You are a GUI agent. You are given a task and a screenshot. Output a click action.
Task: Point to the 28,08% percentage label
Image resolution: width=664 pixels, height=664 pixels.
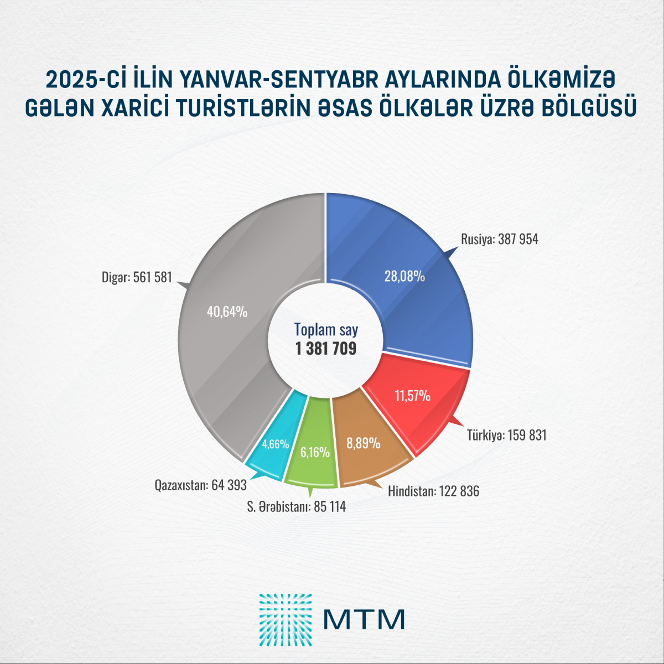click(x=404, y=276)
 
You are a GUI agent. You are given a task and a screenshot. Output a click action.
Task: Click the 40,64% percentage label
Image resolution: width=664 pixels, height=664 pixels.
click(x=227, y=312)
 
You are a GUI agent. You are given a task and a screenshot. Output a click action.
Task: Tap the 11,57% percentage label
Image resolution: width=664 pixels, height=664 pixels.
click(x=412, y=396)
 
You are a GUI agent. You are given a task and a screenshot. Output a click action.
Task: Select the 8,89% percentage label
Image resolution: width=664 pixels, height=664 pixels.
click(x=363, y=443)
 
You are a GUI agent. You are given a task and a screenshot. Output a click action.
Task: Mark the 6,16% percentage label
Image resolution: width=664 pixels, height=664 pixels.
click(x=315, y=453)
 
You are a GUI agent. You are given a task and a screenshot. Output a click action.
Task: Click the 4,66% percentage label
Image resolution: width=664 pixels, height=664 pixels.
click(x=276, y=444)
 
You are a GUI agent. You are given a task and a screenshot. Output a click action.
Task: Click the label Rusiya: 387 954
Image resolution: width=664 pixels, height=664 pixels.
click(x=499, y=240)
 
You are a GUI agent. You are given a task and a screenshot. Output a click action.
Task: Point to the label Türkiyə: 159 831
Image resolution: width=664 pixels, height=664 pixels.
click(x=506, y=435)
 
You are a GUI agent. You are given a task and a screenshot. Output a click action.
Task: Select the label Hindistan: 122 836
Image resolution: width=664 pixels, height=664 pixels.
click(x=433, y=491)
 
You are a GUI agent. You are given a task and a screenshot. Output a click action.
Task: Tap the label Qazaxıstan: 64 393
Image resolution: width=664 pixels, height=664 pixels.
click(x=200, y=486)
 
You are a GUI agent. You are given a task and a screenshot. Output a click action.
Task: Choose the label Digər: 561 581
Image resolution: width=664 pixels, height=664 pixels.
click(x=137, y=277)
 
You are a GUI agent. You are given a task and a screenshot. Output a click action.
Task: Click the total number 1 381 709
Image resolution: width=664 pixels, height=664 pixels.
click(x=326, y=349)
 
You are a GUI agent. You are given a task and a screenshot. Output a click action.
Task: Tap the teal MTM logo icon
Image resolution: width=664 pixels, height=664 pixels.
click(x=286, y=620)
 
